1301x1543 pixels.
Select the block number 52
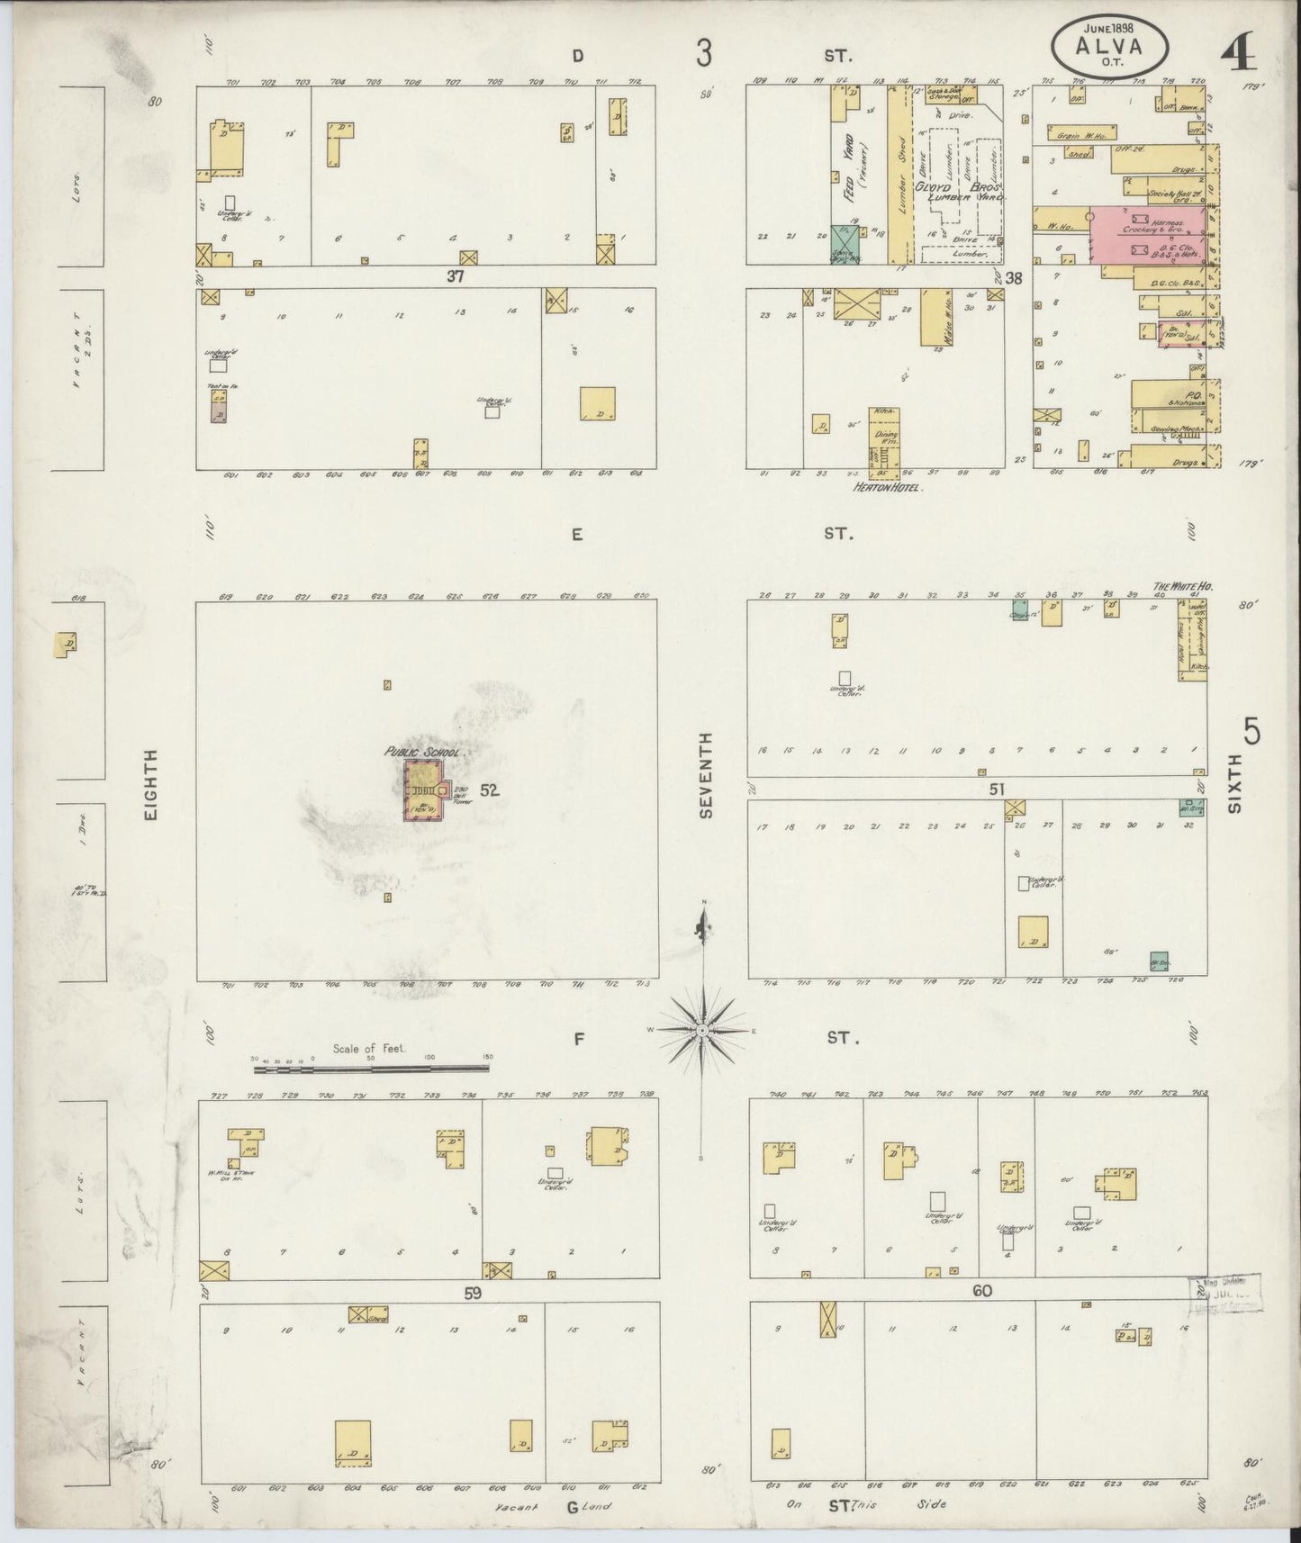pos(489,790)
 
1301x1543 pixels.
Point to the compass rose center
pos(702,1029)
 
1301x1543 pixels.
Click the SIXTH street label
pos(1234,784)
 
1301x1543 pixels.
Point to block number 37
pos(456,277)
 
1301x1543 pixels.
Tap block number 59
pos(473,1293)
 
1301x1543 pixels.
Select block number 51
pos(997,790)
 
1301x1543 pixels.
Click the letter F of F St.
pos(580,1039)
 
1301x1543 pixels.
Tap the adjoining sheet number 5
pos(1251,731)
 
